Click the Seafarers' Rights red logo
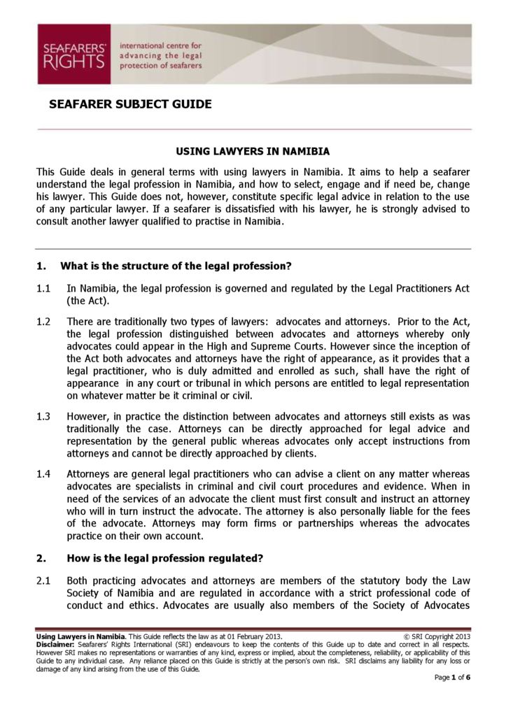pos(73,55)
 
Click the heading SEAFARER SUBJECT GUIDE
pos(130,105)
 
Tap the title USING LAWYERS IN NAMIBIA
pos(253,151)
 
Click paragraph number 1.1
pos(43,289)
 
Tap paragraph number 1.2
pos(43,322)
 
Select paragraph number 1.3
pos(43,417)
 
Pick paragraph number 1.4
pos(43,473)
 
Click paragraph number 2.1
pos(43,580)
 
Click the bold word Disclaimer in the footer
pos(55,645)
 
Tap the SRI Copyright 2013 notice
pos(437,637)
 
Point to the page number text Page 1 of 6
pos(452,678)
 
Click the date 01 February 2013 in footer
pos(251,637)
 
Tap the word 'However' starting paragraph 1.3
pos(88,417)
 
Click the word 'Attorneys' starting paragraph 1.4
pos(91,473)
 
